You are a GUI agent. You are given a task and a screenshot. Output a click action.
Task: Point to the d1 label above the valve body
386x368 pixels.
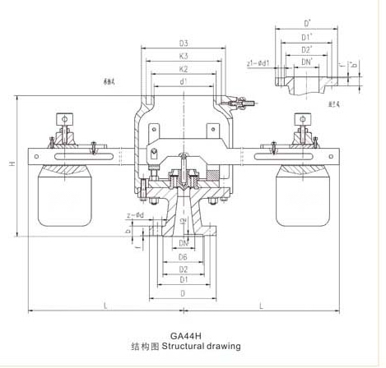point(184,81)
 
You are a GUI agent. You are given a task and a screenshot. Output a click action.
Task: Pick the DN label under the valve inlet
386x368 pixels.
point(184,243)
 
